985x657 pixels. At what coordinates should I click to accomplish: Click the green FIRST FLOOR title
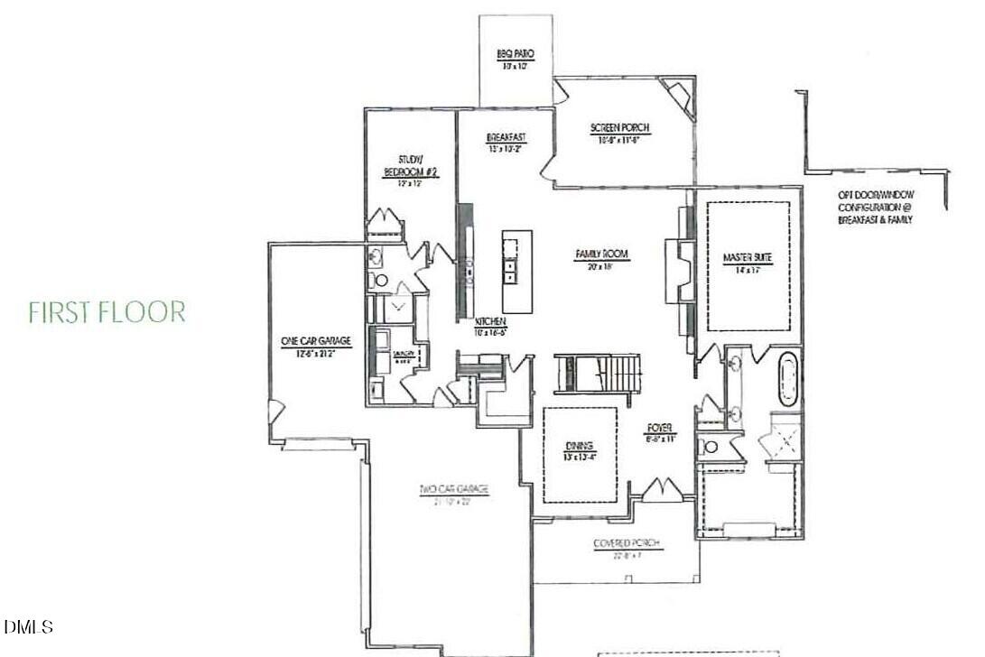[x=107, y=312]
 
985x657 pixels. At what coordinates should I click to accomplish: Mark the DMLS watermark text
[x=28, y=626]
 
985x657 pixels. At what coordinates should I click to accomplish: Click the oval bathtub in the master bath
[x=787, y=380]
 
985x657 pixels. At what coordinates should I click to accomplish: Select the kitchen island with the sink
[x=516, y=259]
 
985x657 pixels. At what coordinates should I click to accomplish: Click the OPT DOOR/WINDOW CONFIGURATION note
[x=874, y=207]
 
